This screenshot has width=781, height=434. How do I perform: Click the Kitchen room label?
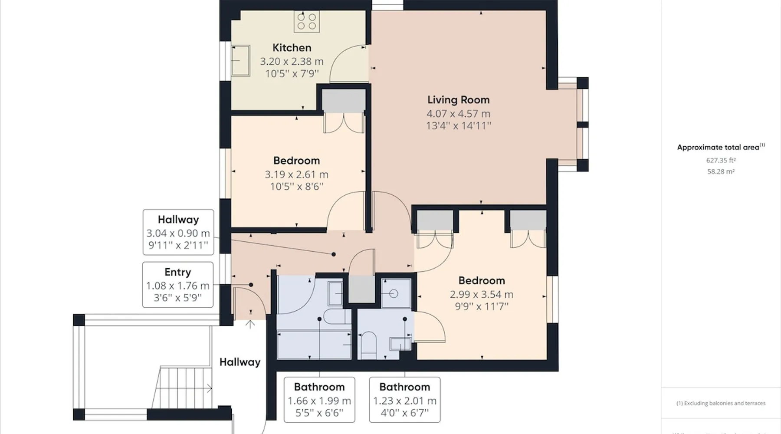tap(292, 48)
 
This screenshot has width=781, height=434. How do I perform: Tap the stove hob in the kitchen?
tap(307, 21)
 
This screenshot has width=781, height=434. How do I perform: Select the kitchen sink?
tap(240, 60)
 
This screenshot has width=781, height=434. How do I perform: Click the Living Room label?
tap(458, 100)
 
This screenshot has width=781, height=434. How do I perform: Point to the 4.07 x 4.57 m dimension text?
tap(458, 114)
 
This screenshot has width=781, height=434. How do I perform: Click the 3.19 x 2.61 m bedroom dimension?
tap(296, 174)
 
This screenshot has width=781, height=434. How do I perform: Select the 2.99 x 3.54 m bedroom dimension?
tap(482, 294)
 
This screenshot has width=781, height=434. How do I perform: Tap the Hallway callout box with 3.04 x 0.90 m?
tap(178, 232)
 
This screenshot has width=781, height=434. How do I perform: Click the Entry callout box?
tap(178, 285)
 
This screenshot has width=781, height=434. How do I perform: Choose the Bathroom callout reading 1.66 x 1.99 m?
tap(319, 400)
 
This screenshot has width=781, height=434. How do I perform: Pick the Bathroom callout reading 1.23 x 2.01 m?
tap(405, 400)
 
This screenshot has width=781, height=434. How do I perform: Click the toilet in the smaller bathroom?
tap(368, 345)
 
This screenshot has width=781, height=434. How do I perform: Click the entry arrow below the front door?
tap(250, 324)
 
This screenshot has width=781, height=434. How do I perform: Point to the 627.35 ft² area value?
tap(721, 160)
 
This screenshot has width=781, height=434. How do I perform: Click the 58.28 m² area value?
tap(721, 171)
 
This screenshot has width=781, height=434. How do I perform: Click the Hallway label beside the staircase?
tap(240, 362)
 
